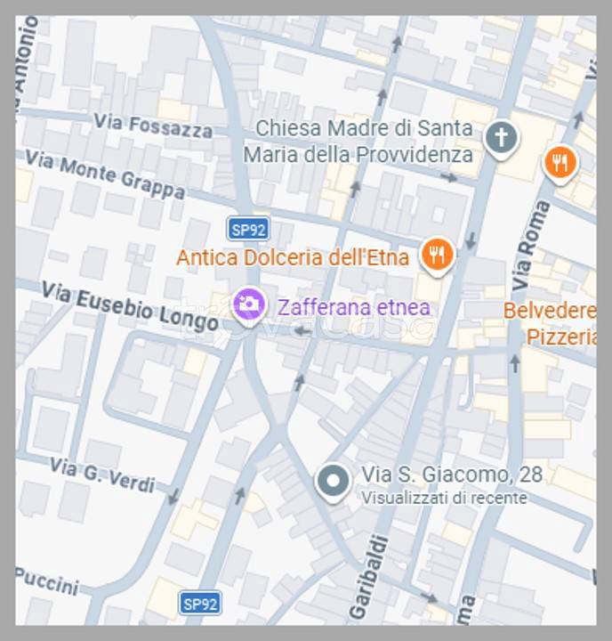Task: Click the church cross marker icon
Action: [501, 138]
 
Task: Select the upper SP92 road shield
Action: [247, 229]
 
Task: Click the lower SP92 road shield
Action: [199, 604]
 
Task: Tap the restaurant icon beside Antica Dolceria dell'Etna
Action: [437, 255]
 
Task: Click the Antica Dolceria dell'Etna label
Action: [293, 258]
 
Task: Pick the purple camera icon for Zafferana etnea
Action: [249, 304]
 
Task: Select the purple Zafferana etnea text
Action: [354, 308]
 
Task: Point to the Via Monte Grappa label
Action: [105, 174]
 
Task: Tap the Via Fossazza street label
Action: [153, 126]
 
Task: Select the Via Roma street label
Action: [531, 243]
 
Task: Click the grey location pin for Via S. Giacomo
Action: [334, 482]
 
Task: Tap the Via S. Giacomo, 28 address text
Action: [452, 475]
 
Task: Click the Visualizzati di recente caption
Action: [444, 499]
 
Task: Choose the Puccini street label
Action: [46, 581]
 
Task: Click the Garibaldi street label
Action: [367, 576]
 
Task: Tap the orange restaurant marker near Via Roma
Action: [560, 163]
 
